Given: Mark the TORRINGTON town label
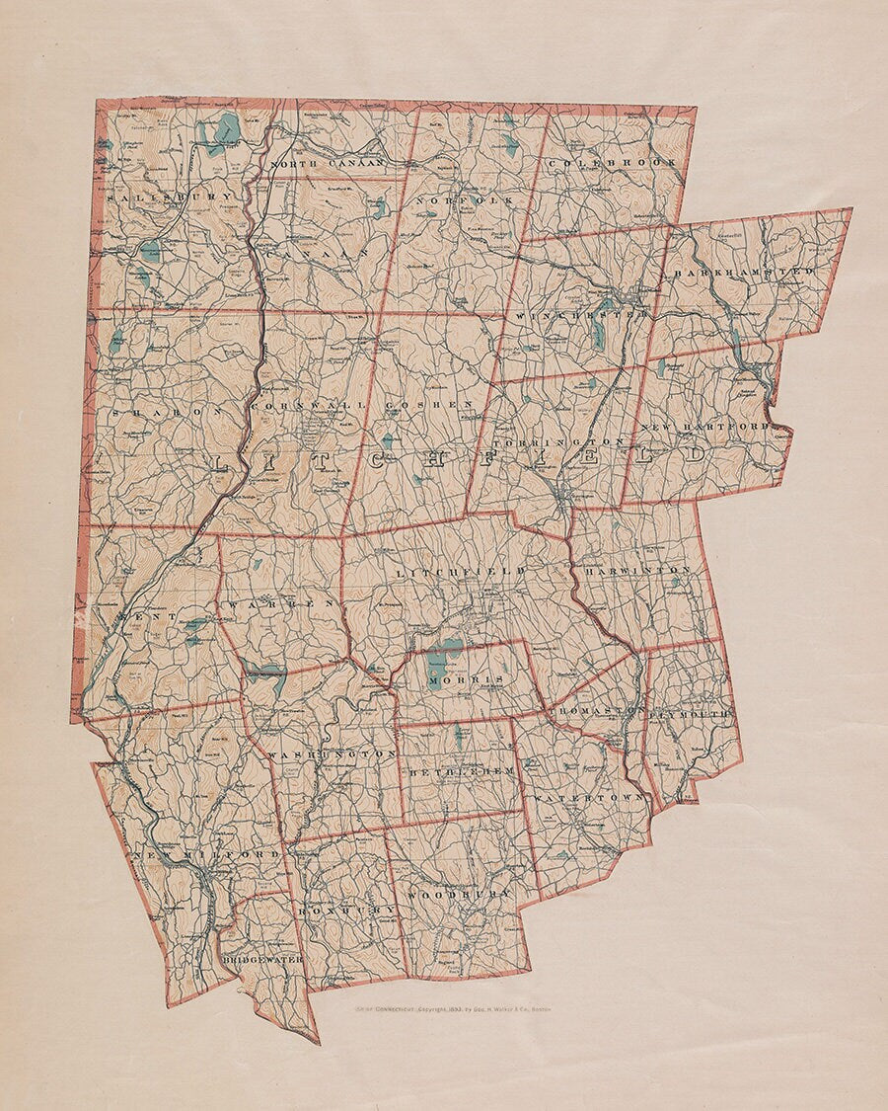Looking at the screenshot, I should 558,440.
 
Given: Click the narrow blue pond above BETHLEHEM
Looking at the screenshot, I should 459,736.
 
